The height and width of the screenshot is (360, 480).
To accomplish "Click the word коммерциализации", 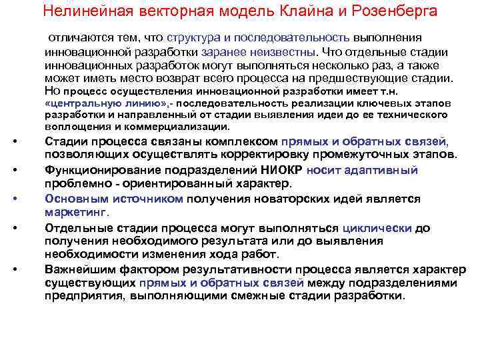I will (164, 126).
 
